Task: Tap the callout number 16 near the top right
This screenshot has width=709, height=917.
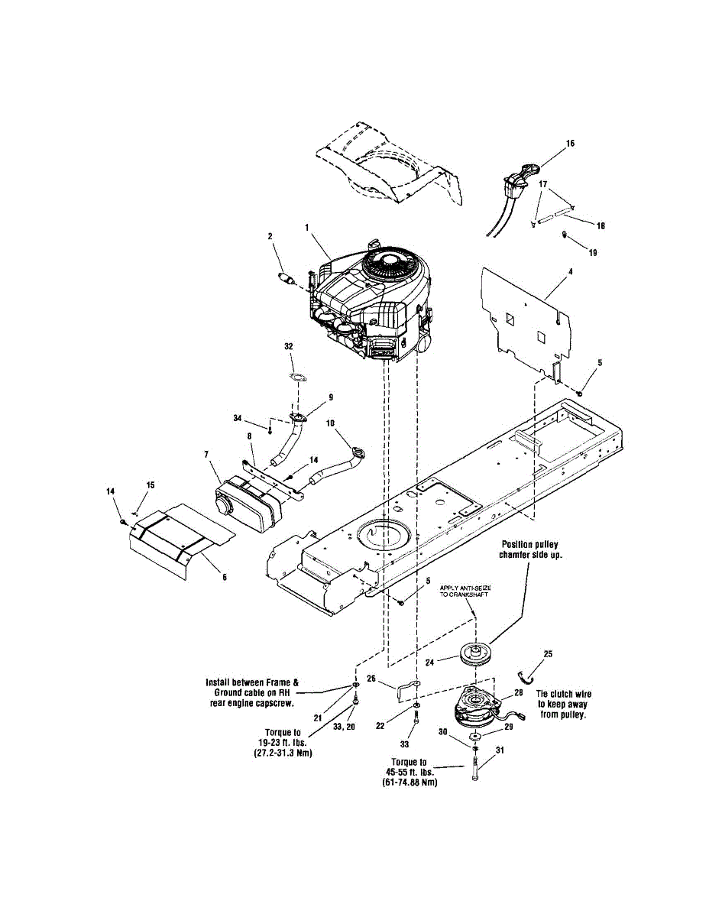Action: coord(571,143)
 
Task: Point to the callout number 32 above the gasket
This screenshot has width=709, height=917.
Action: coord(289,346)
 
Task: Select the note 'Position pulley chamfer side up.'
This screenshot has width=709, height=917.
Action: coord(531,550)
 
